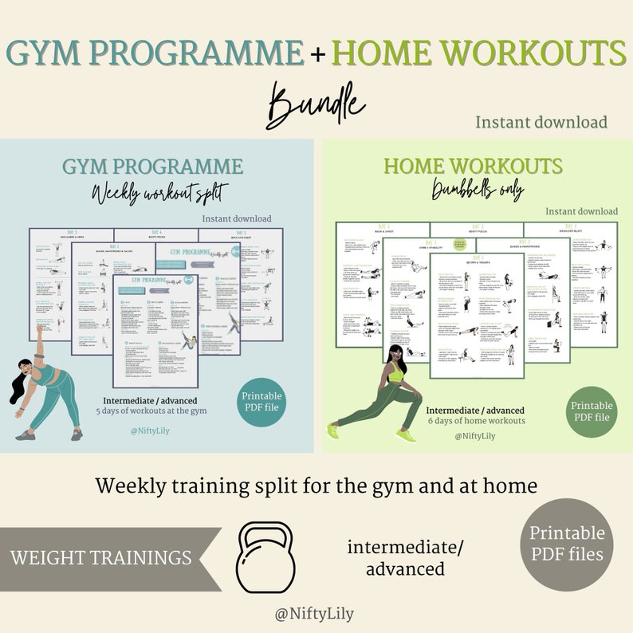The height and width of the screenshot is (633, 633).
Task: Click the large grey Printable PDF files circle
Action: pos(567,544)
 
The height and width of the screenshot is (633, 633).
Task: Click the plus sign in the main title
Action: pos(318,54)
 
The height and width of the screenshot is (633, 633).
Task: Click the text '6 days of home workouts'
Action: pos(477,420)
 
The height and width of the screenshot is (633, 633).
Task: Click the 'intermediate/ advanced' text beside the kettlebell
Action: pos(406,558)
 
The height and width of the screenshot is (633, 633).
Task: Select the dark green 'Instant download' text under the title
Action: pos(541,122)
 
